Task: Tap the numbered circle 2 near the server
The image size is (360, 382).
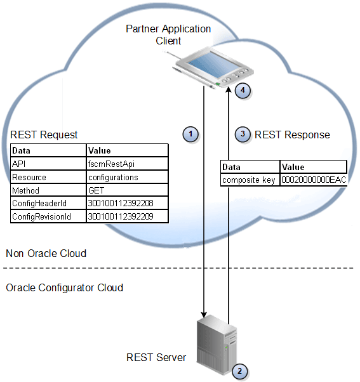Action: click(239, 371)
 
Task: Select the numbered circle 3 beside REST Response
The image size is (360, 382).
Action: click(243, 134)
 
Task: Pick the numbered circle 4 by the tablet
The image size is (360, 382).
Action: click(243, 91)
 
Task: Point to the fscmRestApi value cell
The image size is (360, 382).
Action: click(127, 164)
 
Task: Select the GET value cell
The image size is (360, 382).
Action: click(127, 190)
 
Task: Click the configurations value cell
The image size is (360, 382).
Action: click(127, 177)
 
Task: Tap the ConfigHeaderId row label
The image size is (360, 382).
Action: click(48, 204)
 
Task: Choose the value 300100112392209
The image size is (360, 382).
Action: click(127, 217)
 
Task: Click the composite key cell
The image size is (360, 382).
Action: click(250, 180)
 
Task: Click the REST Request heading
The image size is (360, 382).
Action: click(44, 135)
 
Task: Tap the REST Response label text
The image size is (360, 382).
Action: click(292, 135)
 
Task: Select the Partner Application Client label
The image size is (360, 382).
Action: click(168, 35)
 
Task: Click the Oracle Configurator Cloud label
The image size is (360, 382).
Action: click(64, 287)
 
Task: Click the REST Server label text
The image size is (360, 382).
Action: click(156, 357)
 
